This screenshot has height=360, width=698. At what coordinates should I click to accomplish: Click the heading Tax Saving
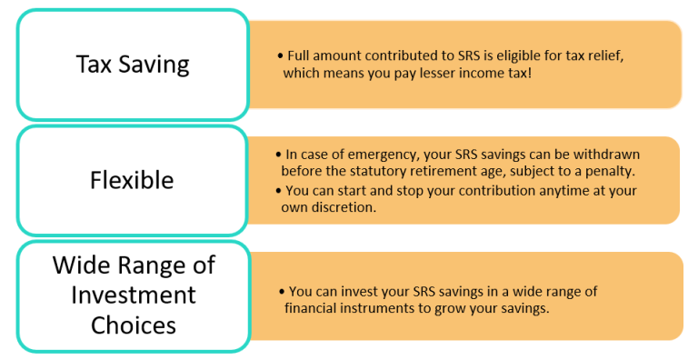(x=133, y=65)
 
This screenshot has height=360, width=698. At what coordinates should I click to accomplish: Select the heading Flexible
(x=133, y=181)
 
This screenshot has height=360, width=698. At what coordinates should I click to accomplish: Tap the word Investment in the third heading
(x=134, y=295)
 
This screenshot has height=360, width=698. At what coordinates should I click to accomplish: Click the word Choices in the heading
(x=134, y=325)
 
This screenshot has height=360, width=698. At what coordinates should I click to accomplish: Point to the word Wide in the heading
(x=78, y=266)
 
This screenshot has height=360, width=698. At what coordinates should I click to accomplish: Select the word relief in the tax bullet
(x=602, y=56)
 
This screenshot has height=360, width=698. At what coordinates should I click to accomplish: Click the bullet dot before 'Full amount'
(x=281, y=56)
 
